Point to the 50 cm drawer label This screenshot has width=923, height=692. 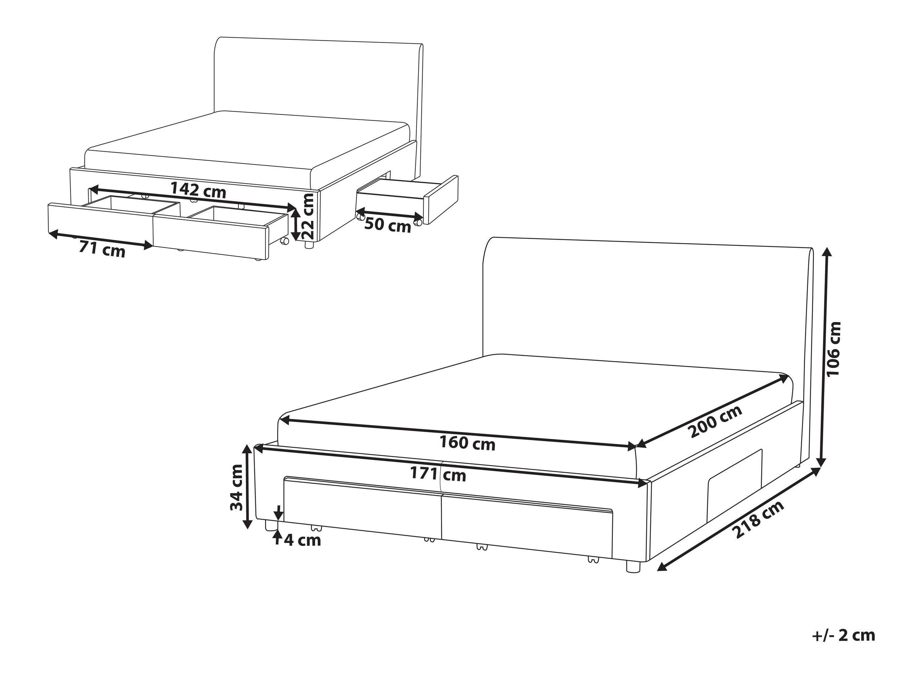coord(387,225)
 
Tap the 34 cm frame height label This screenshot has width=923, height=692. coord(236,487)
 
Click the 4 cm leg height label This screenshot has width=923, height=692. coord(302,540)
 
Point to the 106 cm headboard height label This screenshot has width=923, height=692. coord(834,354)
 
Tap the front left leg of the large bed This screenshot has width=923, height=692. coord(270,526)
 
